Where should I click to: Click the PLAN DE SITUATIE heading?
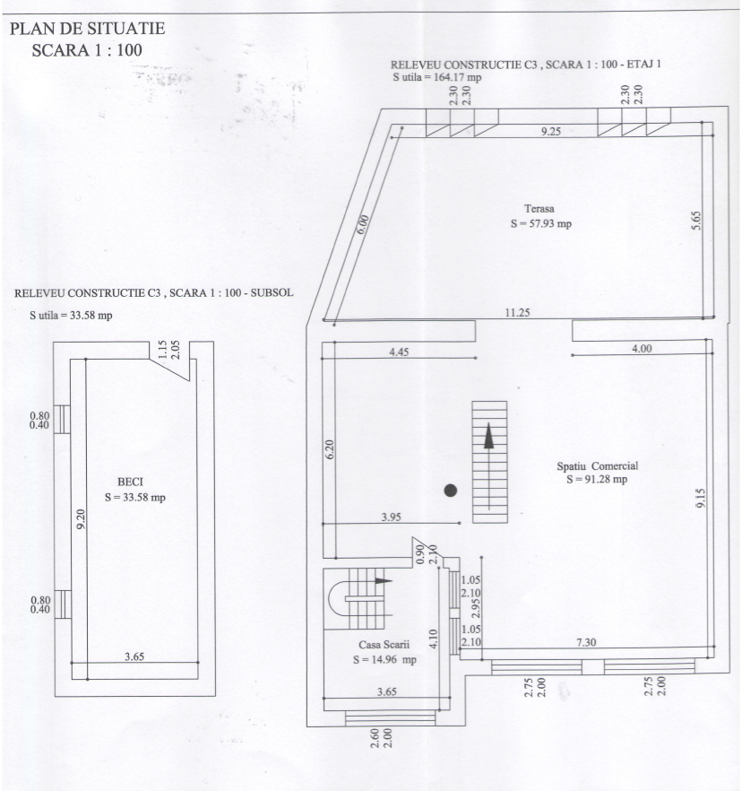point(87,29)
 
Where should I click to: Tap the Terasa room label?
point(539,208)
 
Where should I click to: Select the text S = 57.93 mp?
point(541,223)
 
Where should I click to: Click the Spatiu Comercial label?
point(598,466)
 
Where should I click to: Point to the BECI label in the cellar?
point(130,482)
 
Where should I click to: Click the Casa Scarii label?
point(384,644)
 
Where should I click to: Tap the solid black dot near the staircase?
point(450,491)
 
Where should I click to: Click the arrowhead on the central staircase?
point(488,436)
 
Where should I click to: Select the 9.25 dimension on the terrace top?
point(551,131)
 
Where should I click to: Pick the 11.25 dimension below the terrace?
point(518,313)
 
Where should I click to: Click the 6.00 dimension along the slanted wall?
point(362,224)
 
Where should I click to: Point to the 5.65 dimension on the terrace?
point(695,221)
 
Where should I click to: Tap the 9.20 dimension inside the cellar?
point(80,519)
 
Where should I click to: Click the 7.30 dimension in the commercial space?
point(586,642)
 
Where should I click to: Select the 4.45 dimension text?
point(399,352)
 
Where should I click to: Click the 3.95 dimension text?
point(391,517)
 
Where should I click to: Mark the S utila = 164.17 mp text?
point(437,77)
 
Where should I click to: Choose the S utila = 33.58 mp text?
point(71,316)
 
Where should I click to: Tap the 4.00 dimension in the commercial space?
point(642,349)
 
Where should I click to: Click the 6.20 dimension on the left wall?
point(329,449)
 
